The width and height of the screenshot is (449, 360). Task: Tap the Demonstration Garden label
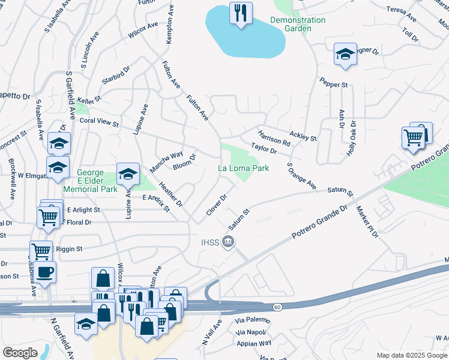(x=298, y=24)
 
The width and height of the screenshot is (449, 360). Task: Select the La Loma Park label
(x=243, y=169)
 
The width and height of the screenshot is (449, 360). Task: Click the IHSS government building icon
(x=228, y=242)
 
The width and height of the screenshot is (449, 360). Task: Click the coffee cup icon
(x=45, y=272)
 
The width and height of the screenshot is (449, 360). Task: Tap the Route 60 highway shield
(x=277, y=307)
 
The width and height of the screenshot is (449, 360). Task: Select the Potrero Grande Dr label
(x=319, y=223)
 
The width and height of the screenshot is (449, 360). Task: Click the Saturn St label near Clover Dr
(x=238, y=220)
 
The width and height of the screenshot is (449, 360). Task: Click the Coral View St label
(x=99, y=122)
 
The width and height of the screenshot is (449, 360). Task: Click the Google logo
(x=20, y=353)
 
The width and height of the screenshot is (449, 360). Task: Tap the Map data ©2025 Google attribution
(x=412, y=355)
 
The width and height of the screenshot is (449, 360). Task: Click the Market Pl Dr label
(x=367, y=221)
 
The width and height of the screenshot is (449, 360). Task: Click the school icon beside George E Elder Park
(x=128, y=174)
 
